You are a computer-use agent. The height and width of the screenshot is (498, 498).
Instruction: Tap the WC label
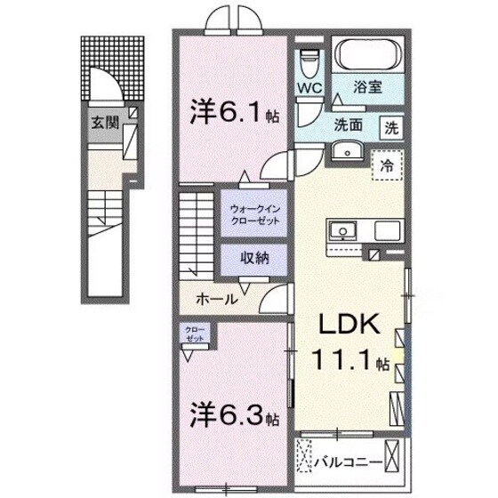pyautogui.click(x=309, y=87)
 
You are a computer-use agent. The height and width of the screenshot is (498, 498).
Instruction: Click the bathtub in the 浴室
pyautogui.click(x=369, y=56)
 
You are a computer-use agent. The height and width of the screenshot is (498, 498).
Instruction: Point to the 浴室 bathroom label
pyautogui.click(x=370, y=88)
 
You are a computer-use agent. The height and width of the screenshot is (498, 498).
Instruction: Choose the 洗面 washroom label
pyautogui.click(x=347, y=126)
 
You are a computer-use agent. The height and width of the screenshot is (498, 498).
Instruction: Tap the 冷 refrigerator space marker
pyautogui.click(x=388, y=165)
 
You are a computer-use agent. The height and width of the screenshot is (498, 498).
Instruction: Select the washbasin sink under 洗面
pyautogui.click(x=343, y=150)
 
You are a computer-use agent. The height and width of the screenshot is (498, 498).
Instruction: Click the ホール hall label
pyautogui.click(x=217, y=300)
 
